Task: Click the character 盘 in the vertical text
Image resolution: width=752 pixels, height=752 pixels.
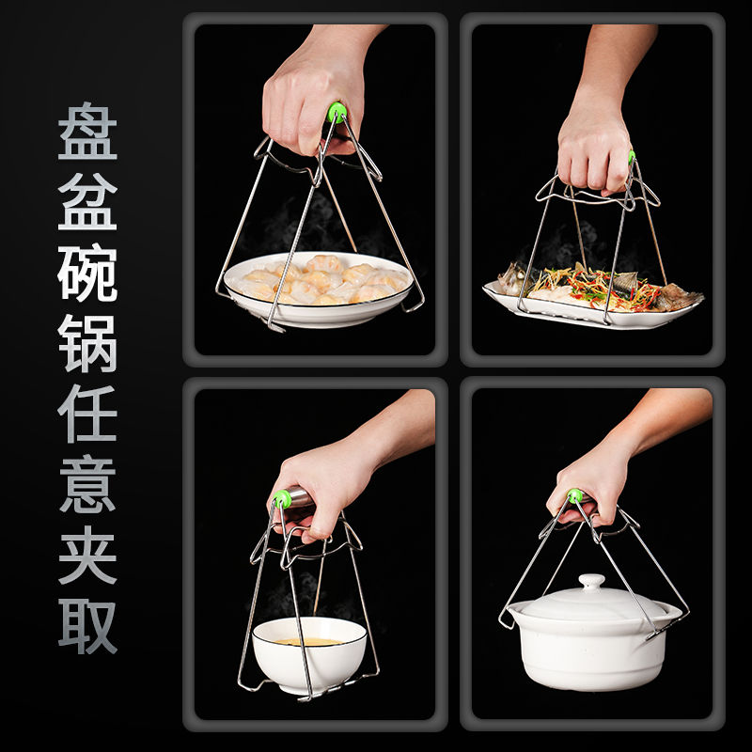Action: click(x=87, y=131)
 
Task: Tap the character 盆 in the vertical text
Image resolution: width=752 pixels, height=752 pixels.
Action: click(x=87, y=201)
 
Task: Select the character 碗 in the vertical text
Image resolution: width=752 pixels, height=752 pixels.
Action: click(x=87, y=273)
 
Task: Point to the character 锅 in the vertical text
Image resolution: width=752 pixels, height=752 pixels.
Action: click(x=87, y=343)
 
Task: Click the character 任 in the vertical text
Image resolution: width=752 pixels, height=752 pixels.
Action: click(x=87, y=414)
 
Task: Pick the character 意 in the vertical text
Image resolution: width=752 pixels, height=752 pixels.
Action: click(x=87, y=484)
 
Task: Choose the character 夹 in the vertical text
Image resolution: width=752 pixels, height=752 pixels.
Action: click(x=87, y=555)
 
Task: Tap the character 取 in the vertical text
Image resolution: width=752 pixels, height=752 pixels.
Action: click(x=87, y=626)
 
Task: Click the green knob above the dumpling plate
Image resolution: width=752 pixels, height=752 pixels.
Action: click(x=337, y=112)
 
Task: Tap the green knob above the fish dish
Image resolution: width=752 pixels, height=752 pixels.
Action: click(x=632, y=157)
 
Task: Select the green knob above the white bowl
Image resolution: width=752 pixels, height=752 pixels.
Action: click(x=283, y=499)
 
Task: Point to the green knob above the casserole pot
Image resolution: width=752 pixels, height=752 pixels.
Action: click(x=574, y=496)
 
